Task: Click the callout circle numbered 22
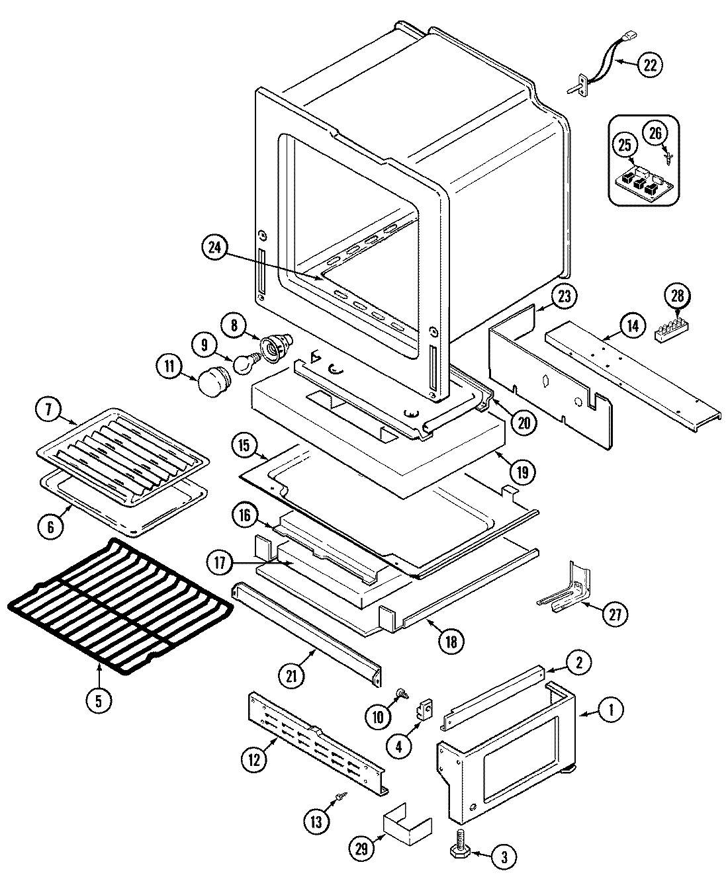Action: click(649, 64)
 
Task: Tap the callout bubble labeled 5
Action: click(99, 700)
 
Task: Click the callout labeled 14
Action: click(632, 325)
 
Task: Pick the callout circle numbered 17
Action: click(220, 564)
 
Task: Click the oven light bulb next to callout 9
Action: click(247, 362)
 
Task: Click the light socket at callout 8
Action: click(275, 346)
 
